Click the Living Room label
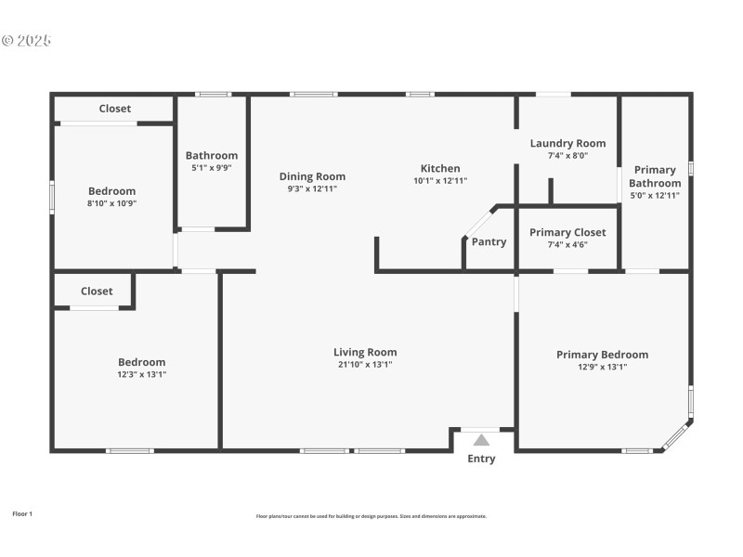365,352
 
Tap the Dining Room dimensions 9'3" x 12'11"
312,188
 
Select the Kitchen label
440,168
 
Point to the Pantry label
489,242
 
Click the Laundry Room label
567,143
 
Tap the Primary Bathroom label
655,176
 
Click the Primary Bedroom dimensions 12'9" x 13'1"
602,367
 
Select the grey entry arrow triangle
481,440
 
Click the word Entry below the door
481,459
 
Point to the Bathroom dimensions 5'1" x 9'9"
212,168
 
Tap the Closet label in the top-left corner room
115,109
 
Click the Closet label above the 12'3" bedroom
97,291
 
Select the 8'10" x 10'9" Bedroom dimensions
111,203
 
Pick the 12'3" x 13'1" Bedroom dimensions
141,374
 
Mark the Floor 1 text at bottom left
22,513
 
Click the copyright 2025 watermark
26,41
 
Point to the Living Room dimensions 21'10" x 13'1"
365,365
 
